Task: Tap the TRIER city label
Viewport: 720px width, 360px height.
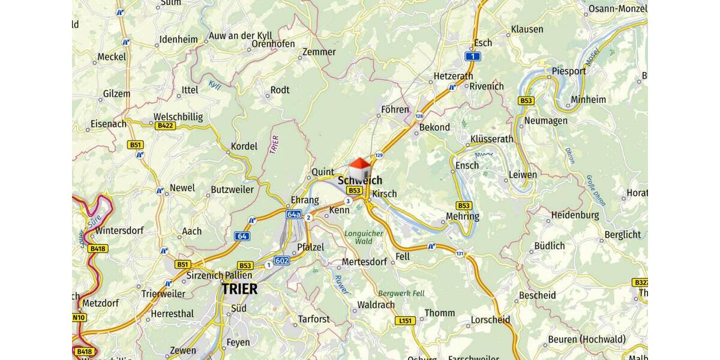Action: (x=239, y=289)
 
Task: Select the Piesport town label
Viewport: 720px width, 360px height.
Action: (x=568, y=71)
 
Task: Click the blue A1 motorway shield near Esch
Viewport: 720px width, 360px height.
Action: (x=473, y=56)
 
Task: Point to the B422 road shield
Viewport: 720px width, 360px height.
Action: (x=165, y=125)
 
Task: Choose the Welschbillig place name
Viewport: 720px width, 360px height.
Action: (x=178, y=116)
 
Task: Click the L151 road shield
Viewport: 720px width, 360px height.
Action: (x=406, y=321)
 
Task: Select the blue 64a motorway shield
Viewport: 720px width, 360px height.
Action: (x=293, y=214)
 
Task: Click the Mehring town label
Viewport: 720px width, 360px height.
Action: (x=463, y=216)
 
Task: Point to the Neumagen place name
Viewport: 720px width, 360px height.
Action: (x=545, y=121)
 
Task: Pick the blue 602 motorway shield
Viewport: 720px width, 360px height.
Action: (x=281, y=260)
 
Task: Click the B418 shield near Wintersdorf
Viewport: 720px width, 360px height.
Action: (x=97, y=248)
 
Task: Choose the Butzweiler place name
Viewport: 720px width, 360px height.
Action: (x=232, y=190)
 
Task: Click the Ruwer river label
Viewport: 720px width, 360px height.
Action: (x=341, y=283)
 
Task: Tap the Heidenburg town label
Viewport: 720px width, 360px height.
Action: (x=575, y=214)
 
